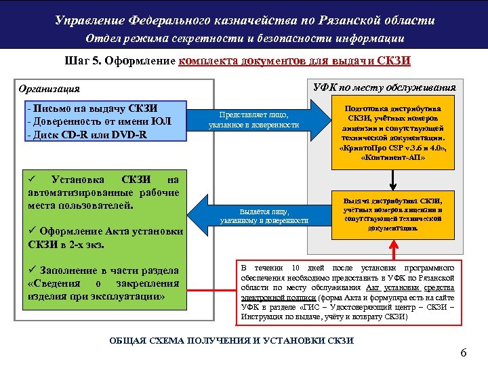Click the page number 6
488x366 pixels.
coord(464,352)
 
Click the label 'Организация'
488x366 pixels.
coord(49,89)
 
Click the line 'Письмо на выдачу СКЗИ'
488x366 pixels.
coord(93,108)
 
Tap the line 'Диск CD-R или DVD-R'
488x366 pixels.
coord(86,134)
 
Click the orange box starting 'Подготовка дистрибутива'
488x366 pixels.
coord(394,133)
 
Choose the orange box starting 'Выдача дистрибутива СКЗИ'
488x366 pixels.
coord(394,214)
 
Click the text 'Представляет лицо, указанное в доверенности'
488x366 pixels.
coord(253,120)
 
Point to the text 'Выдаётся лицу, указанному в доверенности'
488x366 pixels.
coord(264,216)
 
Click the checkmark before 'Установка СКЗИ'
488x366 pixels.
coord(32,179)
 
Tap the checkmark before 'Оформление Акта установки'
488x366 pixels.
coord(32,231)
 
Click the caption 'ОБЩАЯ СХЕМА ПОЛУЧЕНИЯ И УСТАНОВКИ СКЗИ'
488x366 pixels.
coord(231,340)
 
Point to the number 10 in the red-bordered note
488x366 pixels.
coord(296,267)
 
